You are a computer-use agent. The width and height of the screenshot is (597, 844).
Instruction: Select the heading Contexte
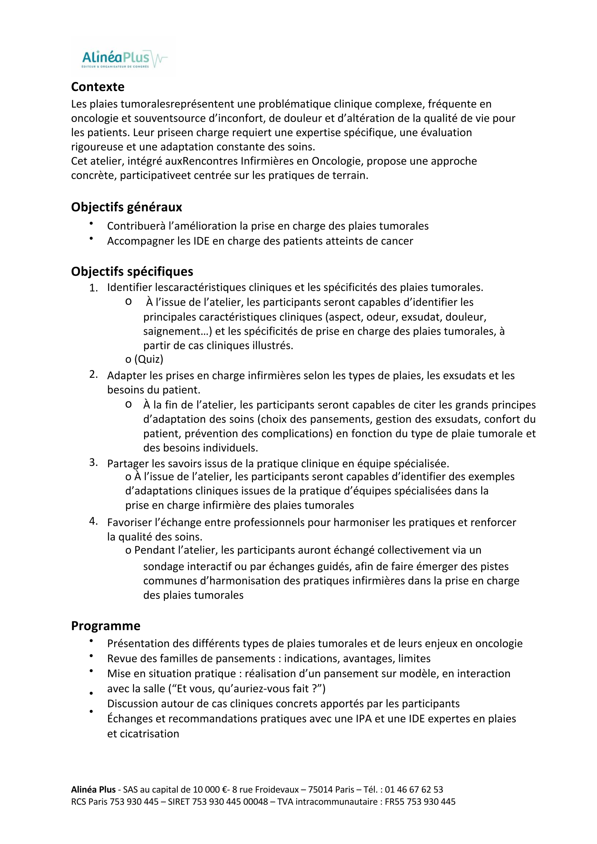(x=98, y=87)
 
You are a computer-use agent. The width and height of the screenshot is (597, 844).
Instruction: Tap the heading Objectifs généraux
(x=126, y=207)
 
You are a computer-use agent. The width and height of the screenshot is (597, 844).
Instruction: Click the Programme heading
(x=106, y=626)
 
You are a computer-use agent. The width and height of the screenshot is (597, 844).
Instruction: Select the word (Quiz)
(x=149, y=359)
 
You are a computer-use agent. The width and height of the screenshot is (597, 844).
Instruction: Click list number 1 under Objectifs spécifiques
(x=93, y=288)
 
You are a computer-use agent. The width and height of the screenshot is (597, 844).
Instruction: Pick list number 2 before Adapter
(x=93, y=375)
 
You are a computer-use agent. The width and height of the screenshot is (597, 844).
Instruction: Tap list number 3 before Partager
(x=93, y=463)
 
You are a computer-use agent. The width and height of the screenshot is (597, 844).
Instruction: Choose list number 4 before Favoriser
(x=93, y=521)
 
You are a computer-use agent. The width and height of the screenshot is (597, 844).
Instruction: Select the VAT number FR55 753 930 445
(x=420, y=802)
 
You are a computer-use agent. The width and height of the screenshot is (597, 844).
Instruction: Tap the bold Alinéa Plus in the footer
(x=93, y=790)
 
